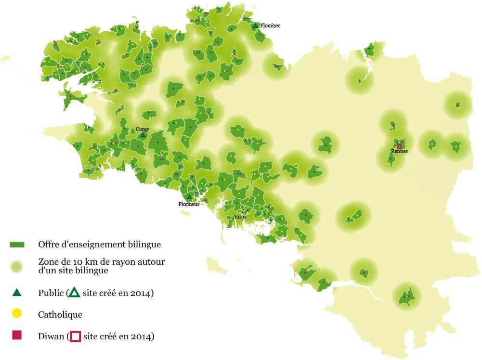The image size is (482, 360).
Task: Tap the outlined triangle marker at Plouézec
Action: (x=255, y=25)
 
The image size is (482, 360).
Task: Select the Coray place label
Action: (x=142, y=129)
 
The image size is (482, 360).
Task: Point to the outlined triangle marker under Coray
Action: (x=143, y=136)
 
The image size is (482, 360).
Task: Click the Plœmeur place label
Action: (x=189, y=204)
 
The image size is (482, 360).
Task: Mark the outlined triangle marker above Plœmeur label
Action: (x=189, y=197)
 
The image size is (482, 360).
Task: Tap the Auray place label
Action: (x=240, y=217)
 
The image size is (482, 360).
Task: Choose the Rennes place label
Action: (x=399, y=151)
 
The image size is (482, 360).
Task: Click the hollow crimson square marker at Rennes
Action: (x=399, y=146)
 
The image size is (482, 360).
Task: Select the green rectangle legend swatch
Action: (x=17, y=245)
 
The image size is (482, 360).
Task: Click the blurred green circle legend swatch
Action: (x=17, y=266)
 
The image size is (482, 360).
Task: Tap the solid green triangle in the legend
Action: (x=17, y=293)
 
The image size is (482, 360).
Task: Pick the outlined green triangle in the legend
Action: (x=74, y=293)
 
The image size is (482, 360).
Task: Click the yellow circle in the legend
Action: (x=17, y=314)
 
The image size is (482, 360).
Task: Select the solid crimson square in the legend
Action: (x=17, y=335)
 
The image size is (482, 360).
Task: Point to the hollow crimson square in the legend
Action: (x=75, y=336)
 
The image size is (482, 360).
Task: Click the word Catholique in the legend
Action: (x=60, y=315)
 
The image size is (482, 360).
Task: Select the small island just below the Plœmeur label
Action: (x=184, y=213)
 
